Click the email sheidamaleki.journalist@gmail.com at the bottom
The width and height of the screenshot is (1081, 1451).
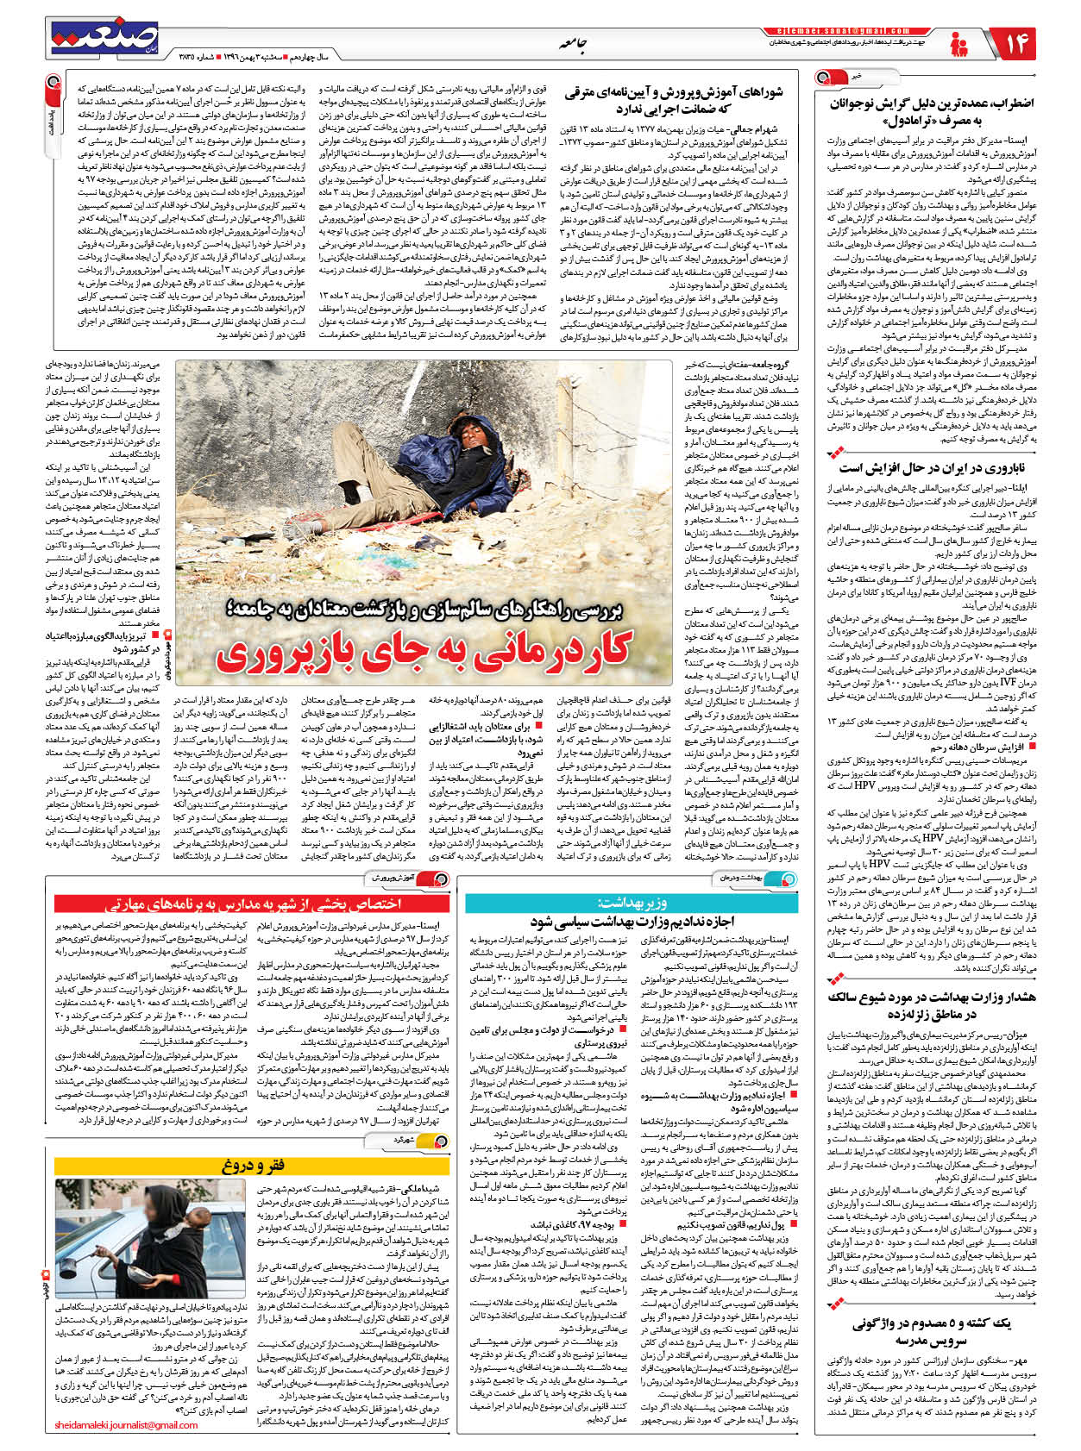pyautogui.click(x=126, y=1425)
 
